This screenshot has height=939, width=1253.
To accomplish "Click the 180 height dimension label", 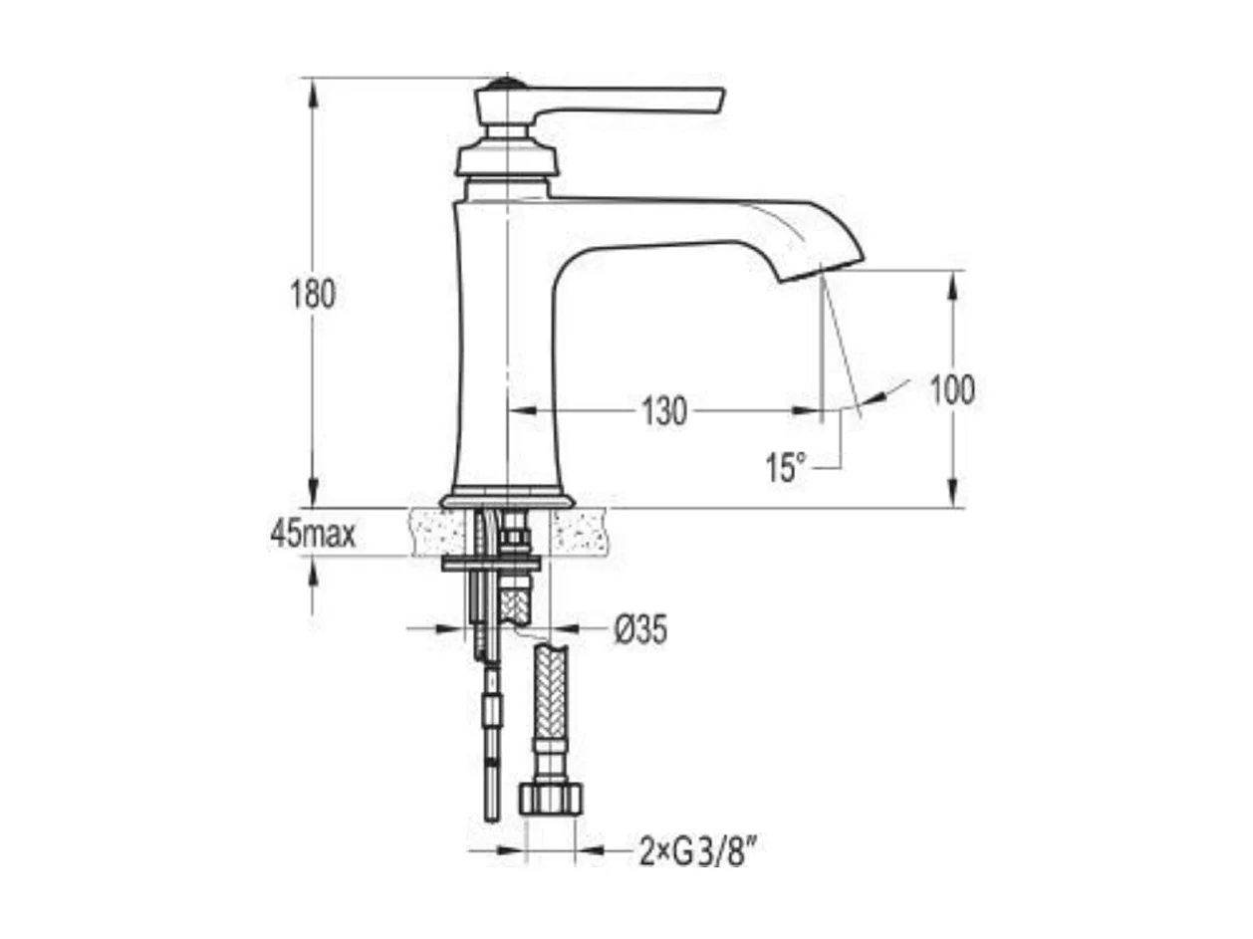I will pos(313,295).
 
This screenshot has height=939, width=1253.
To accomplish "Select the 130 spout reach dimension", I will pos(664,409).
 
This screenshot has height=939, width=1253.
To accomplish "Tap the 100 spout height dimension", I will pos(952,390).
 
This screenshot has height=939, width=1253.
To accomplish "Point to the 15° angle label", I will pos(786,467).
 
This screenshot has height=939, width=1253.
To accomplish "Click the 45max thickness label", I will pos(313,535).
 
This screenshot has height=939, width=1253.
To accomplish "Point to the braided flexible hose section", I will pos(551,692).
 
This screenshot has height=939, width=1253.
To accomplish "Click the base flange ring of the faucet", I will pos(507,500).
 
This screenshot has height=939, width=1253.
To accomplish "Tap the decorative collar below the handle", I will pos(505,159).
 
